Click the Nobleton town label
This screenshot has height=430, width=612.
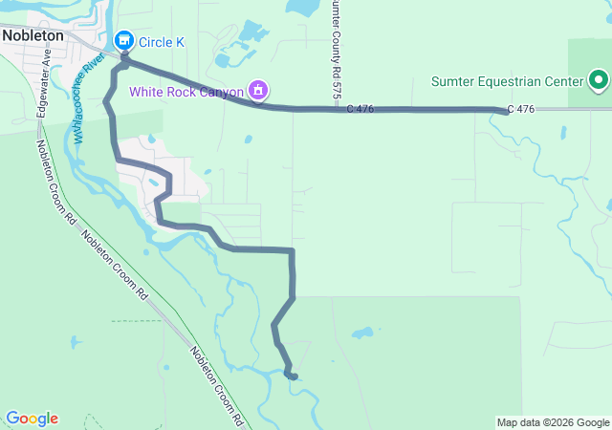33,34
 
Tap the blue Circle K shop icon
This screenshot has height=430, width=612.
123,41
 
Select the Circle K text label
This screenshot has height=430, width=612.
162,42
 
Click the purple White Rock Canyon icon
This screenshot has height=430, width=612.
257,91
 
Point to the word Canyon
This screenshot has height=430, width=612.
218,91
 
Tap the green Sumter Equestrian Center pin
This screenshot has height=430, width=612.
599,79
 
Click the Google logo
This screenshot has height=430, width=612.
32,419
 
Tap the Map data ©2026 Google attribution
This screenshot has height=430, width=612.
553,422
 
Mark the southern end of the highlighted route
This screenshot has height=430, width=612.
293,376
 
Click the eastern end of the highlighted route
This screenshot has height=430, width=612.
504,112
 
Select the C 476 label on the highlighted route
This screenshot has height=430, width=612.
361,110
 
